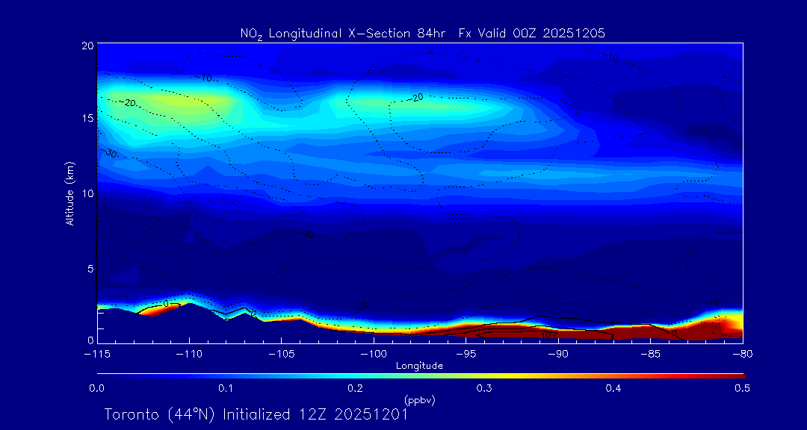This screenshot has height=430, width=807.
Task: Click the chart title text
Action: pyautogui.click(x=422, y=33)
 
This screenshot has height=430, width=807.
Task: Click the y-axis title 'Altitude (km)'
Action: pyautogui.click(x=69, y=193)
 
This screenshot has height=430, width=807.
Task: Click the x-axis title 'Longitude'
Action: pyautogui.click(x=419, y=366)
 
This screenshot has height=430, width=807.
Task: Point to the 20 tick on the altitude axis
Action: pyautogui.click(x=87, y=46)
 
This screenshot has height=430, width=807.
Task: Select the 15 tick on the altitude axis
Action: pyautogui.click(x=87, y=119)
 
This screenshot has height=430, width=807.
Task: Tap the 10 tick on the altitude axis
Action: pyautogui.click(x=87, y=193)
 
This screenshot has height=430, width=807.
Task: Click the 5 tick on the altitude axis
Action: pyautogui.click(x=89, y=267)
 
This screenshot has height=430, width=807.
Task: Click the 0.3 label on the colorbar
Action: pyautogui.click(x=484, y=388)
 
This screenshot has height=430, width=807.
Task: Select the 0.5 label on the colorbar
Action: pyautogui.click(x=742, y=388)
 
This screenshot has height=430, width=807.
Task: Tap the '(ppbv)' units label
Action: pyautogui.click(x=419, y=400)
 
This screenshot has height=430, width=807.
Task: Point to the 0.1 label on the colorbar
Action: pyautogui.click(x=226, y=388)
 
